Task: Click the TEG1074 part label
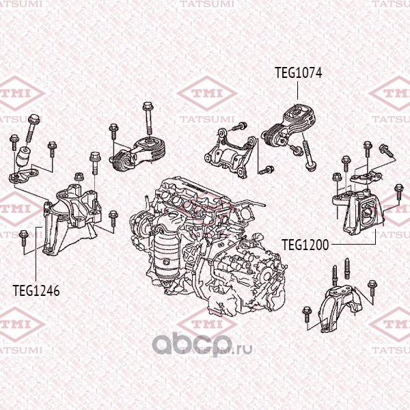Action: (x=299, y=72)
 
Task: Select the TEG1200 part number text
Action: (x=305, y=245)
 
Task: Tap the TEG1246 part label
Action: (x=36, y=290)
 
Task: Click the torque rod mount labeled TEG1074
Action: (x=288, y=126)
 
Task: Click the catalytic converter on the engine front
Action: (x=166, y=251)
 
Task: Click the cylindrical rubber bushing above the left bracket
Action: (x=24, y=157)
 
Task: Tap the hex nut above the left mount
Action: (x=79, y=176)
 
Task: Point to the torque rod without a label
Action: (x=138, y=154)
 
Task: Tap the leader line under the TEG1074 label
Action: (x=297, y=90)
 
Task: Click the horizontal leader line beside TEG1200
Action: (x=353, y=244)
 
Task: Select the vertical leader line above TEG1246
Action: (x=36, y=254)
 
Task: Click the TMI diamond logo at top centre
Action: (x=207, y=94)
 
